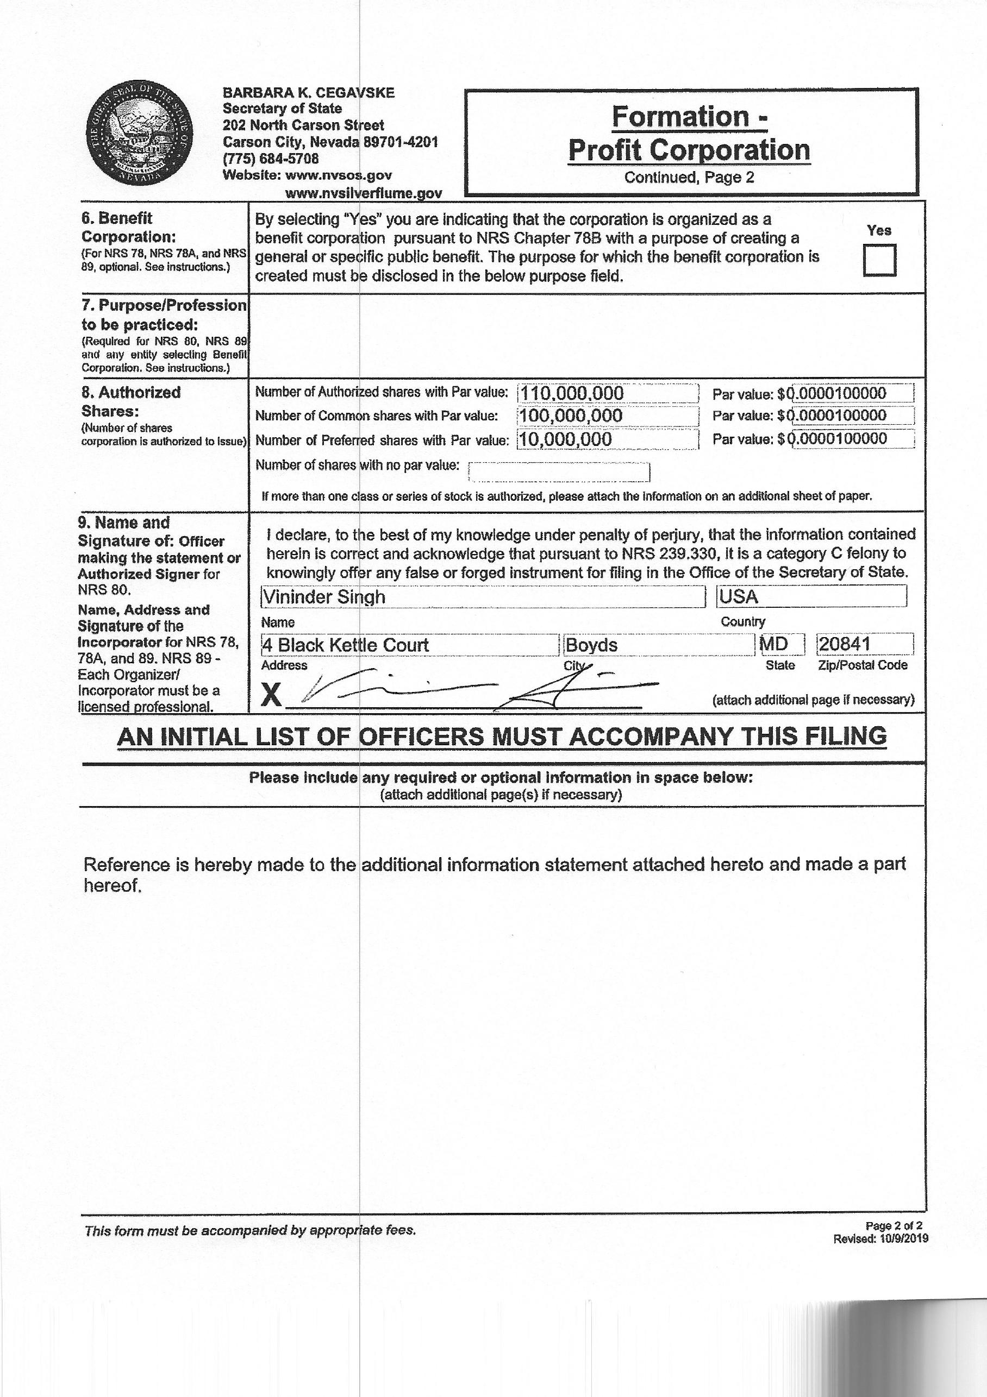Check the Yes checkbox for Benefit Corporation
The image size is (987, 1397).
click(879, 260)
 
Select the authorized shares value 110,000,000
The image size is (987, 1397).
click(607, 393)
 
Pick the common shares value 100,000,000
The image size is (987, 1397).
click(607, 416)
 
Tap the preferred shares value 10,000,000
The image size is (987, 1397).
click(607, 439)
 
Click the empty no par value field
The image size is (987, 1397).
click(559, 471)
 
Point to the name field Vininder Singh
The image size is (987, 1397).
click(482, 597)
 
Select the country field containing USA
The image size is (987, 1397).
click(811, 596)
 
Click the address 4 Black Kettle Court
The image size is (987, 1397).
click(409, 645)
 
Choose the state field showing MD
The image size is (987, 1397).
click(782, 644)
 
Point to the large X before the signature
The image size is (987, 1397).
click(271, 695)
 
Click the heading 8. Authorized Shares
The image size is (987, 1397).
click(131, 401)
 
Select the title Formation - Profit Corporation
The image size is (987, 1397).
click(689, 133)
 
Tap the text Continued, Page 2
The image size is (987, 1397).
click(689, 177)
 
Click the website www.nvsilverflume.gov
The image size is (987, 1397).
click(364, 193)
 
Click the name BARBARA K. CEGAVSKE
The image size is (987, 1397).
click(308, 92)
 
